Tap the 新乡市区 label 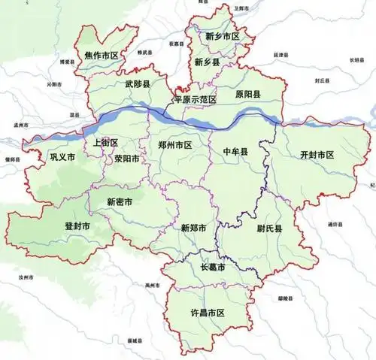pyautogui.click(x=223, y=36)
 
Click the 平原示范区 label pyautogui.click(x=195, y=99)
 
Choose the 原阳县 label pyautogui.click(x=247, y=94)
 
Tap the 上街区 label pyautogui.click(x=106, y=143)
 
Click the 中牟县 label pyautogui.click(x=236, y=152)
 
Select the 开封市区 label pyautogui.click(x=317, y=155)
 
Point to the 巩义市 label pyautogui.click(x=62, y=158)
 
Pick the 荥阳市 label pyautogui.click(x=126, y=159)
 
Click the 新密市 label pyautogui.click(x=120, y=202)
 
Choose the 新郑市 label pyautogui.click(x=194, y=227)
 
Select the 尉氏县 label pyautogui.click(x=268, y=228)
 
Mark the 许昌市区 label pyautogui.click(x=210, y=312)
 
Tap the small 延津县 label pyautogui.click(x=280, y=56)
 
